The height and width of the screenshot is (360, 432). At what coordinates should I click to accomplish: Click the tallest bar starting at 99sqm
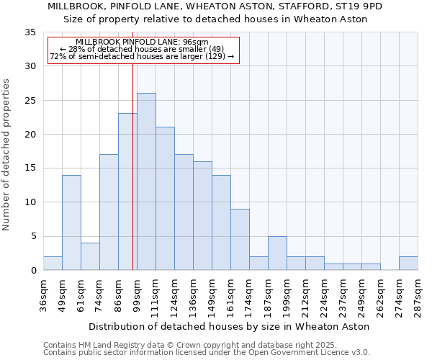coord(146,181)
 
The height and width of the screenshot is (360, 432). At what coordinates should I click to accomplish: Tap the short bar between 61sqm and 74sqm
coord(90,256)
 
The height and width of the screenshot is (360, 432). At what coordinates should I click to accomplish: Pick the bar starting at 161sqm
coord(240,240)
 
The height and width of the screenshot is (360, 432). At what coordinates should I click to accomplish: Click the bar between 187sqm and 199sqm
coord(277,253)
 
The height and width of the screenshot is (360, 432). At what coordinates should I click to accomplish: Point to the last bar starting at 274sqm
coord(408,264)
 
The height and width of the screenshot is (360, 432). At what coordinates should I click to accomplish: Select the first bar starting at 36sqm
coord(53,264)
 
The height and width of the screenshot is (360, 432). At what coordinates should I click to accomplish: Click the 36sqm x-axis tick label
coord(44,294)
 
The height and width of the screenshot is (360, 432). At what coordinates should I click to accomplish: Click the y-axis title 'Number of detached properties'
coord(7,155)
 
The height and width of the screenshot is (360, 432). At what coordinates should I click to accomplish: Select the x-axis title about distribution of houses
coord(230,326)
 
